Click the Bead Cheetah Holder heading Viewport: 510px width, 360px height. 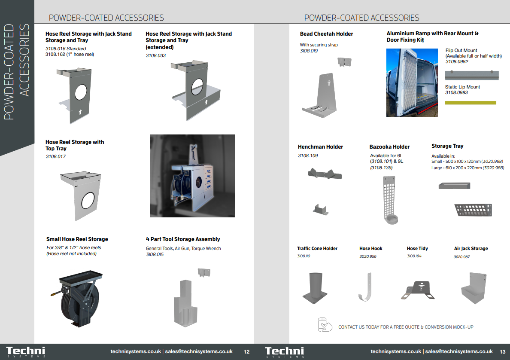[x=326, y=34]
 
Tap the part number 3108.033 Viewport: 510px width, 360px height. [x=155, y=56]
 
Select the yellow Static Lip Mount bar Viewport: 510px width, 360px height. [x=471, y=103]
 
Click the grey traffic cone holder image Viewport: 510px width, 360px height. [x=315, y=288]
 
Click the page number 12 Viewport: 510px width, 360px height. [x=246, y=352]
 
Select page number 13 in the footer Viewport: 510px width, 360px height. [x=503, y=352]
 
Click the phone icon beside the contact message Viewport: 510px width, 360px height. [x=325, y=324]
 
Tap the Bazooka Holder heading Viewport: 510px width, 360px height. [x=389, y=147]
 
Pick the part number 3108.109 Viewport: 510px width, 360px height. [x=308, y=156]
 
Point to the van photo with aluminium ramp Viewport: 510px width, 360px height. [x=412, y=82]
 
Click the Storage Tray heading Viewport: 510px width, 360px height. [x=447, y=146]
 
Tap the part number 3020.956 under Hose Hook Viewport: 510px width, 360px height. [x=368, y=256]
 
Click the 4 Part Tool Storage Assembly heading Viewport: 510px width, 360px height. [x=183, y=239]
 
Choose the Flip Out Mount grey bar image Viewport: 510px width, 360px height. [x=472, y=75]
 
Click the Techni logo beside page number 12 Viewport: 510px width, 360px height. [x=26, y=352]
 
